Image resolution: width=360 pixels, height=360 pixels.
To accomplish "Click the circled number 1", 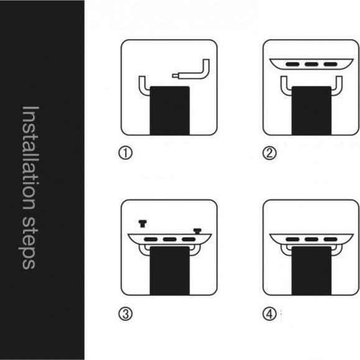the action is (x=126, y=153).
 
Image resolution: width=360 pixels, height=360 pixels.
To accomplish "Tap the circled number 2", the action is (x=270, y=153).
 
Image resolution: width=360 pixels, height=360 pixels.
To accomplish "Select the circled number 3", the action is (x=126, y=314).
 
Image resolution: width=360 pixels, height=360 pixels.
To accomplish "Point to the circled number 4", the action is (x=270, y=314).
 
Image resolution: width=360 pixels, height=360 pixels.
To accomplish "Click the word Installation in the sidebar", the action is (x=30, y=158).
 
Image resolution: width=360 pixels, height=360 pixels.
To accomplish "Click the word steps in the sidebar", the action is (x=28, y=242).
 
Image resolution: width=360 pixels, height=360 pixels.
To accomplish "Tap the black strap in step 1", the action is (x=170, y=111).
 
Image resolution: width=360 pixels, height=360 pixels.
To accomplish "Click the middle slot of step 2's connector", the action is (x=312, y=64).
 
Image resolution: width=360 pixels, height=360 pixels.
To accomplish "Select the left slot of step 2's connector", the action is (x=292, y=64).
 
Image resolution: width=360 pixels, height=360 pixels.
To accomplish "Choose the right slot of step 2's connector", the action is (x=330, y=64).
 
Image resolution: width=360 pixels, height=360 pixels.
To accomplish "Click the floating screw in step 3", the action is (x=142, y=224).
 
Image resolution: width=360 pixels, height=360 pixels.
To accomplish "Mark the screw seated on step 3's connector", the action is (x=197, y=231).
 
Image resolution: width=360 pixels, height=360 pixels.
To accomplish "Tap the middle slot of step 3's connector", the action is (x=170, y=239).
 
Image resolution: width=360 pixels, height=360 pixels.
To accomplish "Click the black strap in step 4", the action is (x=312, y=270).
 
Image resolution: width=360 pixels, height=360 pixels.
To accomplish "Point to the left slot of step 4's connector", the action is (x=292, y=239).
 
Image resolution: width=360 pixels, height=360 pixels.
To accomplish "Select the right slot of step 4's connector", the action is (x=330, y=239).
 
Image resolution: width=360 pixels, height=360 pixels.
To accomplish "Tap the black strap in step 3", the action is (x=170, y=270).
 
